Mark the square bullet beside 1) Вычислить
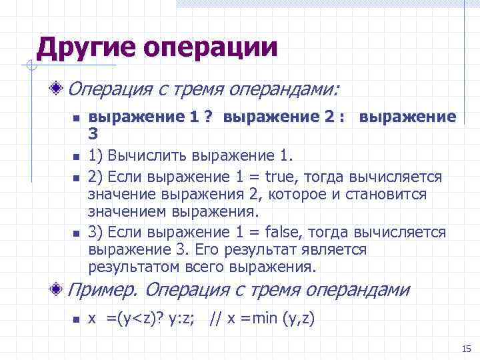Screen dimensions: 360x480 76,157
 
